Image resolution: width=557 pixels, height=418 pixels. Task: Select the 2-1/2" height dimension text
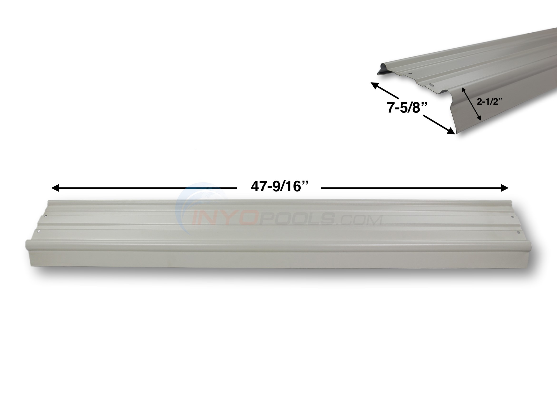(490, 102)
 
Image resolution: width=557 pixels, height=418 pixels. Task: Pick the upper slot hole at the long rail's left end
(46, 216)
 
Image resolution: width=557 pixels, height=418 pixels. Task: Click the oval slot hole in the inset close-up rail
(430, 85)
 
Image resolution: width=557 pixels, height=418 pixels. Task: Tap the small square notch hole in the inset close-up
(410, 74)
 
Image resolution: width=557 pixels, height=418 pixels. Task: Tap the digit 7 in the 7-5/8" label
(391, 108)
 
